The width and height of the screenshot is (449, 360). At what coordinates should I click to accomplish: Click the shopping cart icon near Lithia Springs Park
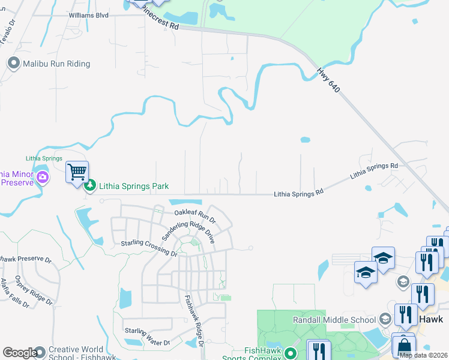77,172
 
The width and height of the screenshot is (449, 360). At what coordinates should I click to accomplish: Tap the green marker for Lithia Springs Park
90,186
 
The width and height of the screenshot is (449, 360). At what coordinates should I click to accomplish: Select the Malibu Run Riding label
56,64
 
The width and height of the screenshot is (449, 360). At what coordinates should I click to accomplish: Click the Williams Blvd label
89,15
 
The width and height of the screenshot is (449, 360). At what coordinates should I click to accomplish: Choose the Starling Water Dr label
147,337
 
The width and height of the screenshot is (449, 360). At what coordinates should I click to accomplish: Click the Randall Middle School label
334,320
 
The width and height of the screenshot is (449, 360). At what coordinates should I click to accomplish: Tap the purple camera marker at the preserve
43,177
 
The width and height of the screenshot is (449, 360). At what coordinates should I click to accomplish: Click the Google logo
19,353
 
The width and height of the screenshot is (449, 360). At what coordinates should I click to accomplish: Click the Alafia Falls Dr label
14,293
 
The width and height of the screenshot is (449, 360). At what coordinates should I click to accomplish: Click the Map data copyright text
423,355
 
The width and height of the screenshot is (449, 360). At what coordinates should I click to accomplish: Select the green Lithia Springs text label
44,158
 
